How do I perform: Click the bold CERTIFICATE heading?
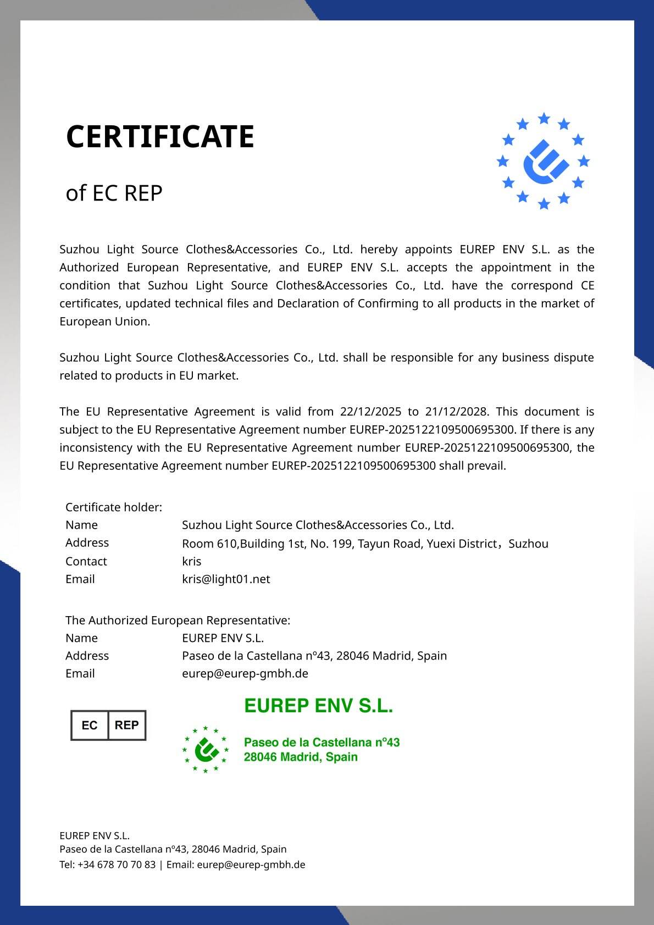160,136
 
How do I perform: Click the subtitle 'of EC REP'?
114,193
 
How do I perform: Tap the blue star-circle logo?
543,161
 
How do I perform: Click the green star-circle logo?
205,749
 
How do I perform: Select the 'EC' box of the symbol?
90,725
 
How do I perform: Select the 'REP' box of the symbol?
126,725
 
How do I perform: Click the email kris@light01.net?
226,579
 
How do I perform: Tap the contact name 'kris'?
191,561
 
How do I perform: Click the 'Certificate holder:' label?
114,507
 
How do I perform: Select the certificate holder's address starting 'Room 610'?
365,544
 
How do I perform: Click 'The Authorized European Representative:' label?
178,620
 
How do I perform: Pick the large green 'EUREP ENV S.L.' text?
318,706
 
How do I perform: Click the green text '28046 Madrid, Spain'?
301,757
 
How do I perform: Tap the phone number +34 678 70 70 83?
117,865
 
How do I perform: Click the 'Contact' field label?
86,561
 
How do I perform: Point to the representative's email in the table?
245,673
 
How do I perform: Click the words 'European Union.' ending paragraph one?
104,322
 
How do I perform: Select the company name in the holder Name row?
318,525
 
